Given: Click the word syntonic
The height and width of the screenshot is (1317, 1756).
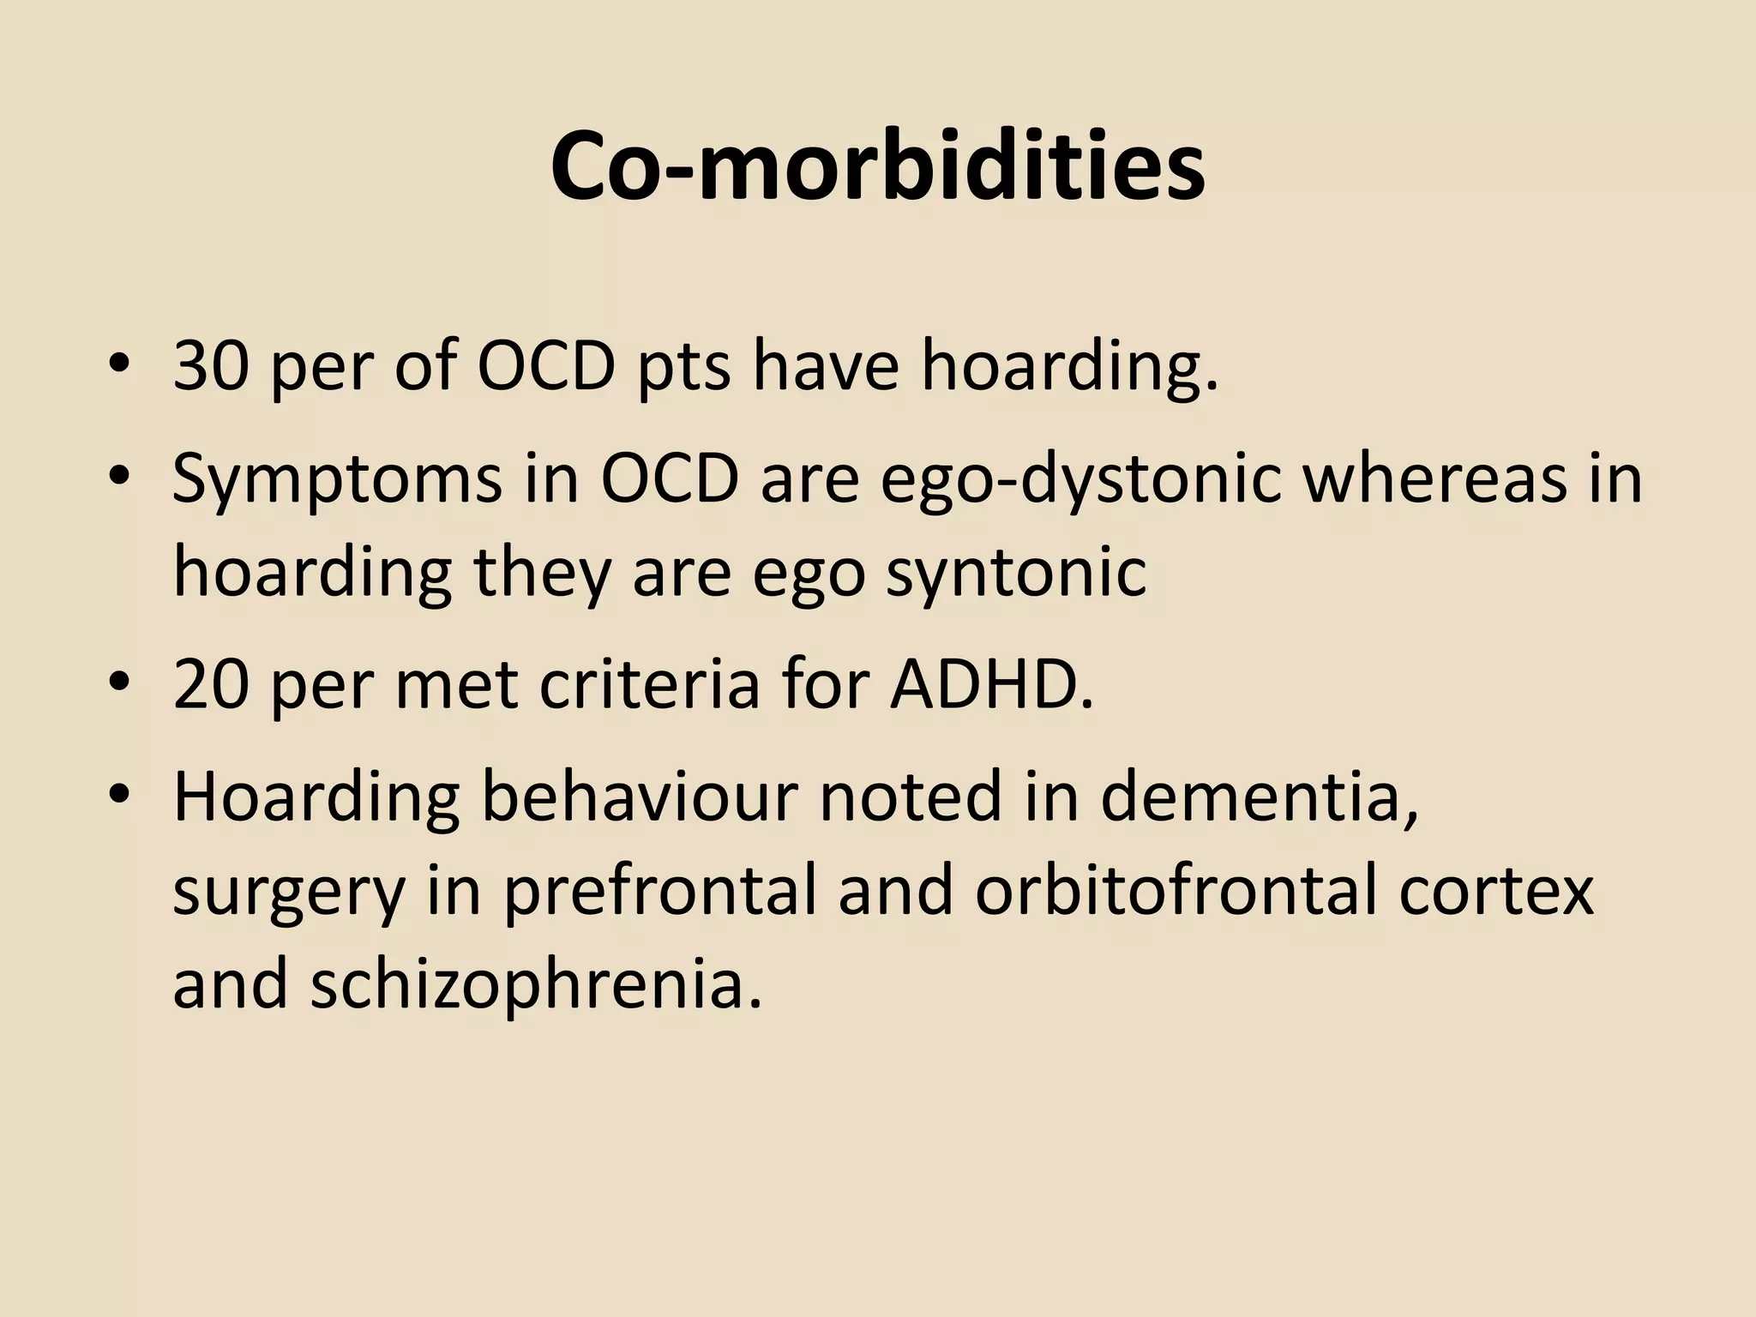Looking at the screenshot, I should pyautogui.click(x=1016, y=573).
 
